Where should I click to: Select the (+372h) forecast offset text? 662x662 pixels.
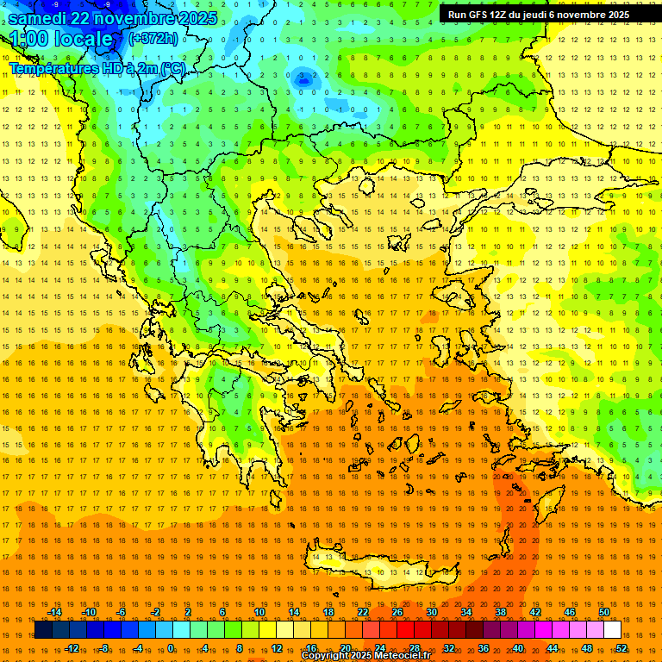click(x=153, y=38)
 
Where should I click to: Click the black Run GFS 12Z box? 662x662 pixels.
click(x=538, y=14)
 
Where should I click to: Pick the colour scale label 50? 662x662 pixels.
click(x=604, y=612)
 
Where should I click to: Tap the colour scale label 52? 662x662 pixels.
click(x=621, y=647)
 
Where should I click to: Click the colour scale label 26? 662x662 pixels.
click(x=397, y=612)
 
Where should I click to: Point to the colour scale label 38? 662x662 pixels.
click(x=501, y=612)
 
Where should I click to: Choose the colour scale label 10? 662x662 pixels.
click(x=259, y=612)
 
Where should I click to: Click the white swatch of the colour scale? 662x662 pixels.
click(x=613, y=629)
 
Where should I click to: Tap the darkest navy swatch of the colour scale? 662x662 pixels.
click(x=43, y=629)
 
